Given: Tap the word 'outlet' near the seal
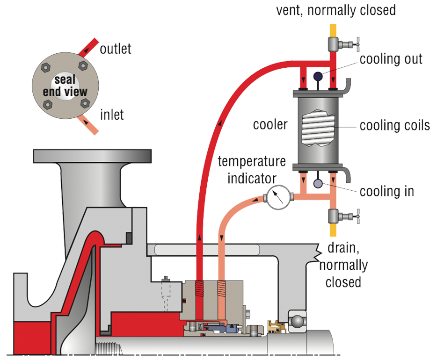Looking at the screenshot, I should (115, 49).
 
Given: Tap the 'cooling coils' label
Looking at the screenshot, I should (394, 126).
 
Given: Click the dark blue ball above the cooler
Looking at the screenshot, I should (318, 76).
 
